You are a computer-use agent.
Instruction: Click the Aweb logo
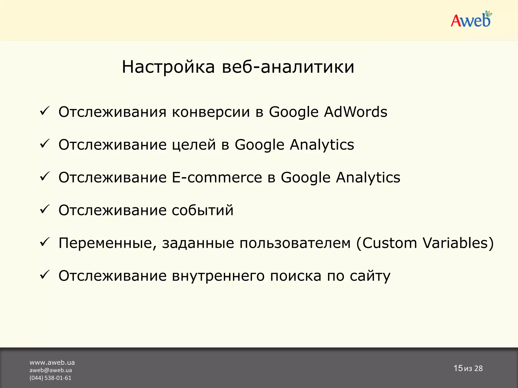[471, 20]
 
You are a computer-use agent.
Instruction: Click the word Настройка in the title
[168, 67]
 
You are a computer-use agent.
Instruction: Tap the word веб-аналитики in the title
[288, 67]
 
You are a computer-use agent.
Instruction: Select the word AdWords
[356, 112]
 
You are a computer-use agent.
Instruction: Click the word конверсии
[211, 112]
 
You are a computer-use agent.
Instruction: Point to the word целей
[194, 145]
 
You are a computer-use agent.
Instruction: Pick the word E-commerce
[217, 177]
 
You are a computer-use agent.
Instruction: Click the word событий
[203, 210]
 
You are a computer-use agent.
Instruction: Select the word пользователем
[295, 243]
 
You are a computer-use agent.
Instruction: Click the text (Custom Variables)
[425, 243]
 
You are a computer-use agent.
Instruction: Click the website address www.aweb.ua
[52, 362]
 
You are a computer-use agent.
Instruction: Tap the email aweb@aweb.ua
[51, 370]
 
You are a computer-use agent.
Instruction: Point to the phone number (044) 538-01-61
[50, 378]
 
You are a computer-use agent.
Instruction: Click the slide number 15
[458, 368]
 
